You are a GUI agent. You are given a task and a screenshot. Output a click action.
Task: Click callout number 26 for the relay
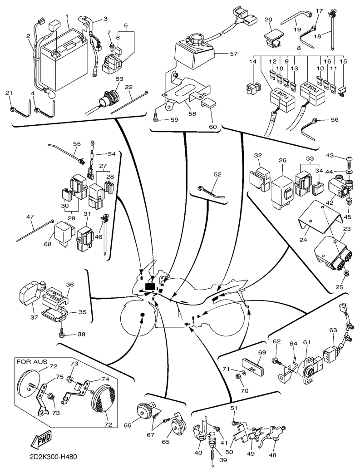coord(282,161)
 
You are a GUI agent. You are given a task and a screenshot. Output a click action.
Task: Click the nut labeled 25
coord(346,274)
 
